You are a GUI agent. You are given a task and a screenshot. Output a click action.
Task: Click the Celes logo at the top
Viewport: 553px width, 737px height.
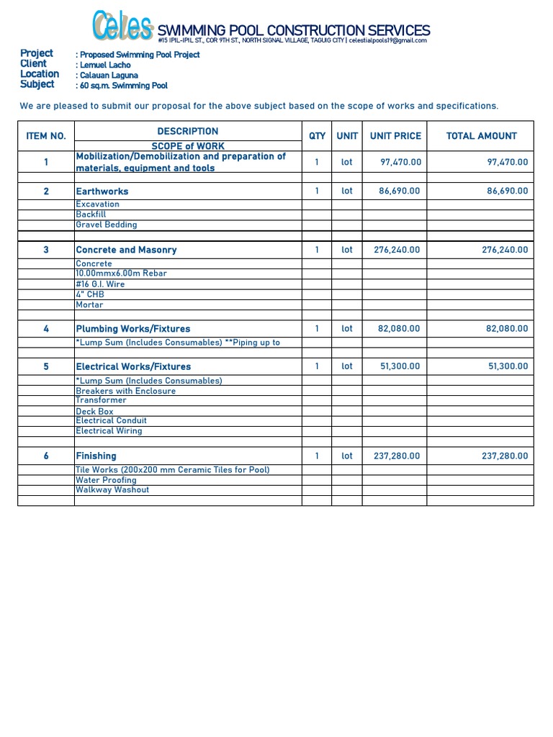click(x=122, y=27)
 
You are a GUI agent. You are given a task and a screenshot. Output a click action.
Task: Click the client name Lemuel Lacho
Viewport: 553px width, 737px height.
click(x=105, y=65)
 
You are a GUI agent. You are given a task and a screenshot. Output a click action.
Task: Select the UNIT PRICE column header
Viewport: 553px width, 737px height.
click(x=395, y=135)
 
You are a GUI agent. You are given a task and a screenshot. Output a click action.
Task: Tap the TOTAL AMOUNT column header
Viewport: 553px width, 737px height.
click(x=481, y=135)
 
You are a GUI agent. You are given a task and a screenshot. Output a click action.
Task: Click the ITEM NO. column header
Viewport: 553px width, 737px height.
click(x=46, y=135)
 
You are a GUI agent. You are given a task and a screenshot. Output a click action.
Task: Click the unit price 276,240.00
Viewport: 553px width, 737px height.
click(x=398, y=250)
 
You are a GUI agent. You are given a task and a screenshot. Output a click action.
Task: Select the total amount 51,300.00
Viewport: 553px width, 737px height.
click(x=508, y=366)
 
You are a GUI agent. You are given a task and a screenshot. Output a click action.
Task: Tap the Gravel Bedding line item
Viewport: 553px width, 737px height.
click(x=106, y=225)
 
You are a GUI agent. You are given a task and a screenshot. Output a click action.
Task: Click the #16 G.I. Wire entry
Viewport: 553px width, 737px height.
click(x=100, y=284)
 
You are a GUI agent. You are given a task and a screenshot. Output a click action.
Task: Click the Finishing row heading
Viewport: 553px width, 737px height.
click(x=96, y=456)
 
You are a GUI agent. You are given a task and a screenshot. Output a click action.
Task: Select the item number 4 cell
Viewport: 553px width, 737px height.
click(x=46, y=329)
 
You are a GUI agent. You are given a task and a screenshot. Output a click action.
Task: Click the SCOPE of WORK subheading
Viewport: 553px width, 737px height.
click(x=187, y=146)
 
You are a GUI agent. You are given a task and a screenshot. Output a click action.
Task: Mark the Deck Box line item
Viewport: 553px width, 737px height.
click(x=94, y=412)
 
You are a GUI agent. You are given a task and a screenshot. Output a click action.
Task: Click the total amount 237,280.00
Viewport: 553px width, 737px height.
click(x=504, y=456)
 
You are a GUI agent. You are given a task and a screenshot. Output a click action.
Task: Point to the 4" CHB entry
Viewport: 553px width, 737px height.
click(x=90, y=294)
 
